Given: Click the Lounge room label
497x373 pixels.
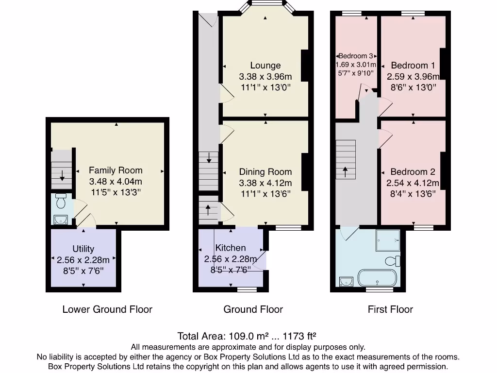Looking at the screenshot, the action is [265, 66].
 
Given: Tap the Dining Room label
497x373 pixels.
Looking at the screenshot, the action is [265, 172].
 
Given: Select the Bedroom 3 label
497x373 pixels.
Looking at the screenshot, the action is [356, 56].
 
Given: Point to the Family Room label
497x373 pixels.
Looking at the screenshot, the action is [116, 170].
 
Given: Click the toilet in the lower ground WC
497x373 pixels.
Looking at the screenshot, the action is [61, 201].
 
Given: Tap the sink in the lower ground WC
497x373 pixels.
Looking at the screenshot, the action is [61, 220].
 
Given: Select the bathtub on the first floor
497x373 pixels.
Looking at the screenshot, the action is [377, 278].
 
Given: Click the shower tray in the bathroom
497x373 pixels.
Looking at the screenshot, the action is [388, 240].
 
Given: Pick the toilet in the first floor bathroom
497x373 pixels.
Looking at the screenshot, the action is [393, 261].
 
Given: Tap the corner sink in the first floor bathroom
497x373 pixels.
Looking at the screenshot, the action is [346, 281].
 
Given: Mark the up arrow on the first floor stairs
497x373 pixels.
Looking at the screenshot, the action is [345, 172].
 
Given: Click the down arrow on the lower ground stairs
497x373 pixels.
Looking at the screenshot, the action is [62, 175].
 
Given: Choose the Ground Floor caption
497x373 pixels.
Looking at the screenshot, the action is [253, 309].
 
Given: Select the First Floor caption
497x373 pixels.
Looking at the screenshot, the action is [390, 309].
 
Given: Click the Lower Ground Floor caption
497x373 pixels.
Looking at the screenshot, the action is [107, 309].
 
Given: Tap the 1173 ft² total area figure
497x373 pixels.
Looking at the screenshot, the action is [299, 336].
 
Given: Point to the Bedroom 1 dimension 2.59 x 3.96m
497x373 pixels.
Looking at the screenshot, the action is [413, 76].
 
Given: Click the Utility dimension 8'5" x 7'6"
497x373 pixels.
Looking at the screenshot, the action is [83, 271].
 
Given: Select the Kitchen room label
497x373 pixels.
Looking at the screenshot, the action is [231, 248].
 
